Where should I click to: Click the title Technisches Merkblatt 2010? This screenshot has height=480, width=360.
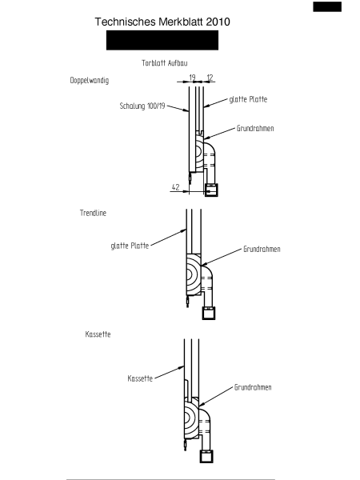(162, 22)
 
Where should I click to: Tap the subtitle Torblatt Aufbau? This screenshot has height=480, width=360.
(164, 63)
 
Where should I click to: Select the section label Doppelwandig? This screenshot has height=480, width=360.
(90, 81)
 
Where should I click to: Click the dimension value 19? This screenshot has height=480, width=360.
(192, 78)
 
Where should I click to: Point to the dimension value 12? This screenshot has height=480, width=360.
(210, 78)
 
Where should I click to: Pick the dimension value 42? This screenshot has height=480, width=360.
(175, 187)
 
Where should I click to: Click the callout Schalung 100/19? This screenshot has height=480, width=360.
(142, 106)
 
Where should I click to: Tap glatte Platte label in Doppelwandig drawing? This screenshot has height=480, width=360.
(248, 99)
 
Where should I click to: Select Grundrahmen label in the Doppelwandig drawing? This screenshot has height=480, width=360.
(255, 128)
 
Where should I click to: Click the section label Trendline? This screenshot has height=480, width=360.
(93, 213)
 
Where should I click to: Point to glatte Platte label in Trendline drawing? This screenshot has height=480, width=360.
(130, 246)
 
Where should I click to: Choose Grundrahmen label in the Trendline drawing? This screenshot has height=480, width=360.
(262, 249)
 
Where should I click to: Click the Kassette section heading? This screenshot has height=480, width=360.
(98, 334)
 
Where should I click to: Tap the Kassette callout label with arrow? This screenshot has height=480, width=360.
(140, 378)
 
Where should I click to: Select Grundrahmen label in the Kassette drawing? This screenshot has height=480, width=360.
(253, 387)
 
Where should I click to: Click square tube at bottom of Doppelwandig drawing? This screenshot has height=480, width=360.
(211, 190)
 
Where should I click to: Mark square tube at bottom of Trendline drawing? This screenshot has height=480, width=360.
(209, 313)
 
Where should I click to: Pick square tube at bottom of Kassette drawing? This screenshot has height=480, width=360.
(206, 457)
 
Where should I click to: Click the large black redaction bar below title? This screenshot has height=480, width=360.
(162, 40)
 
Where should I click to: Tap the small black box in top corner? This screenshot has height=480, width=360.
(327, 6)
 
